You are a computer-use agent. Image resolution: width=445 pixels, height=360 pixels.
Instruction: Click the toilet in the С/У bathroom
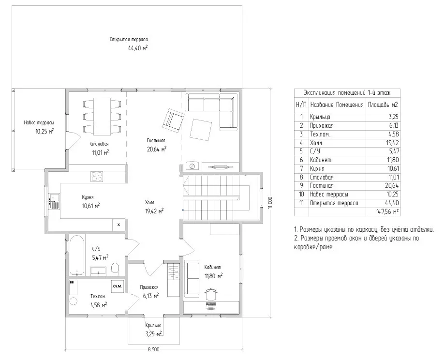115,269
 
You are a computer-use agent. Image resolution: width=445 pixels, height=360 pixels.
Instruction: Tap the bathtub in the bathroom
77,255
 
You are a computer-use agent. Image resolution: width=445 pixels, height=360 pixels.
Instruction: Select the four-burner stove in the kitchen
96,176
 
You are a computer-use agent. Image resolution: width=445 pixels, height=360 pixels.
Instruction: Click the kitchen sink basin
54,197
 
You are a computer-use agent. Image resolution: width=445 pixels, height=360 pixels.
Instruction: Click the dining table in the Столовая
102,117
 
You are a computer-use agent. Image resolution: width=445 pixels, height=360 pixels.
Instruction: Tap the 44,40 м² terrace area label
138,48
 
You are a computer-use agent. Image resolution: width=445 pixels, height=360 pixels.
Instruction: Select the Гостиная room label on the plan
156,140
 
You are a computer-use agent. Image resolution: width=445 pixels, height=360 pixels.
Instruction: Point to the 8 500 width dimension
153,349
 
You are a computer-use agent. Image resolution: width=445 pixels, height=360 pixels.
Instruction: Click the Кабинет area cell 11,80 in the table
393,160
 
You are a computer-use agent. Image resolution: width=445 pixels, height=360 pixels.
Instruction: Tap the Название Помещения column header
337,105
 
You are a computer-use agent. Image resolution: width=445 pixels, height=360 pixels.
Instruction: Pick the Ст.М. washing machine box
117,286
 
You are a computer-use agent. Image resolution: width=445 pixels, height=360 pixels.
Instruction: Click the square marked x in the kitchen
119,225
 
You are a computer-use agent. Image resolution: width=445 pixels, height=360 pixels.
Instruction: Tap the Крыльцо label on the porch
153,325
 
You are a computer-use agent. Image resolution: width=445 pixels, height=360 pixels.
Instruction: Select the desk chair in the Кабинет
210,294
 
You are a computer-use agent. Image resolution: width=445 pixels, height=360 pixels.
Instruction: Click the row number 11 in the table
301,203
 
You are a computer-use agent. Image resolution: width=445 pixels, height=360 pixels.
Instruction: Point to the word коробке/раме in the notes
314,247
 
